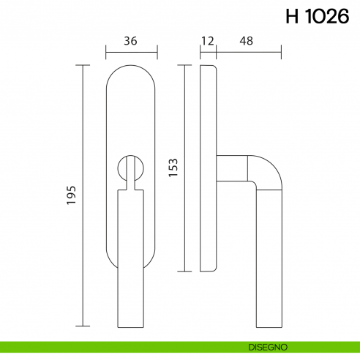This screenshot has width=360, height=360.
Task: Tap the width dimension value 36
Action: (131, 41)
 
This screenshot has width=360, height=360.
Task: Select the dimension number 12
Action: (207, 41)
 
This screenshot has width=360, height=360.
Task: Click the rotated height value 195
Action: (71, 195)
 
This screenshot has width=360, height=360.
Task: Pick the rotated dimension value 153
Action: (173, 169)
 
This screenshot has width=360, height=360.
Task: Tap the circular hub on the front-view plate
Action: (131, 168)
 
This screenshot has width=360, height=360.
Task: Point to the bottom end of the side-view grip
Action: (269, 323)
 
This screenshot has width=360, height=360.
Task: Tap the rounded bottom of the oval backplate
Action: (131, 268)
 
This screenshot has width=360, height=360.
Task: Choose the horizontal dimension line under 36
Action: (131, 53)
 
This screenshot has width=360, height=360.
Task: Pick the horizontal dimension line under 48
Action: (249, 53)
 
